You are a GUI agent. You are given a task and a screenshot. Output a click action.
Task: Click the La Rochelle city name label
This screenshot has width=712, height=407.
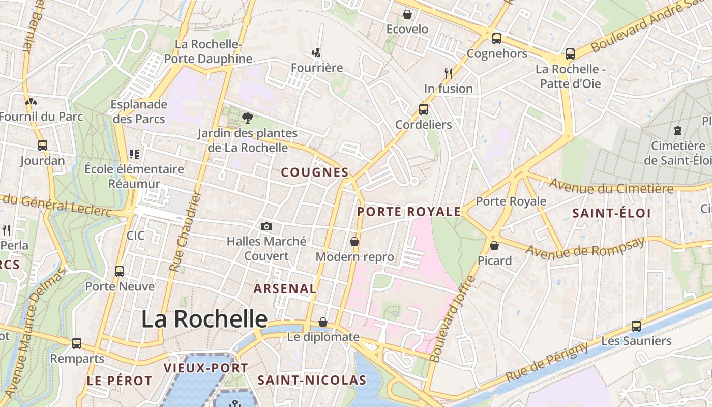pos(204,319)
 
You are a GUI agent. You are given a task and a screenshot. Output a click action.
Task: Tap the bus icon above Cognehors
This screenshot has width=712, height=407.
pos(496,38)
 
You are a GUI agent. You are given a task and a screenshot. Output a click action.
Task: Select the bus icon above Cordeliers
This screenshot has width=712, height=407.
pos(423,109)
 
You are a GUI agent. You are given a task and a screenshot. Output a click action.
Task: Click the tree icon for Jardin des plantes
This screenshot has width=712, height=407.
pos(248,118)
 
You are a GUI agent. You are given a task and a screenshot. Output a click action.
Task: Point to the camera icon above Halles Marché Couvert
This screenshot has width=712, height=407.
pos(266,226)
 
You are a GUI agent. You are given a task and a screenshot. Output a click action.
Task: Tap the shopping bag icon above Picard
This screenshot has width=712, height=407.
pos(494,246)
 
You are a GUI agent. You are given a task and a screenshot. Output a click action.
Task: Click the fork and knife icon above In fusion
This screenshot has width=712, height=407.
pos(448,74)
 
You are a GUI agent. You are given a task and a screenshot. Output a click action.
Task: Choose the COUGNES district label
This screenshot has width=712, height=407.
pos(315,172)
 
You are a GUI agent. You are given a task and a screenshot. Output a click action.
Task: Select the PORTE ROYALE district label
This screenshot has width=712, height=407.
pos(409,212)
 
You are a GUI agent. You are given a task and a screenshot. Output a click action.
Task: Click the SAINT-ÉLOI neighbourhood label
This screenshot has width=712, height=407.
pos(611,213)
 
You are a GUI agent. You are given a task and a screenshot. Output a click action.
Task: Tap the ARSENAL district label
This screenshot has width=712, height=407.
pos(285,288)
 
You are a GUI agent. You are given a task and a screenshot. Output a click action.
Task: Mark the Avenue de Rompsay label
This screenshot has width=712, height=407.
pos(585,247)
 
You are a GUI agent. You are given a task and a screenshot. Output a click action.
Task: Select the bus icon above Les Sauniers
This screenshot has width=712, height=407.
pos(636,326)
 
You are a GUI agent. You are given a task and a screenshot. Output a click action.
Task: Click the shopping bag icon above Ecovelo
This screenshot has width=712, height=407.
pos(407,14)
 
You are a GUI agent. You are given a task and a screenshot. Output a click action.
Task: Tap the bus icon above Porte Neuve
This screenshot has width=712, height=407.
pos(120,271)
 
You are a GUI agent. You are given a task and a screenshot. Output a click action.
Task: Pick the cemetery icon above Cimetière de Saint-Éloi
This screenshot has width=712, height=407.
pos(677,131)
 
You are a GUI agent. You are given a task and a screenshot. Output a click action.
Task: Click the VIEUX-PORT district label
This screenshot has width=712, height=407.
pos(205,368)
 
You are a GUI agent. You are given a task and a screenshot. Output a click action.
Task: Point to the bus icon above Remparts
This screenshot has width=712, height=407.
pos(76,343)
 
